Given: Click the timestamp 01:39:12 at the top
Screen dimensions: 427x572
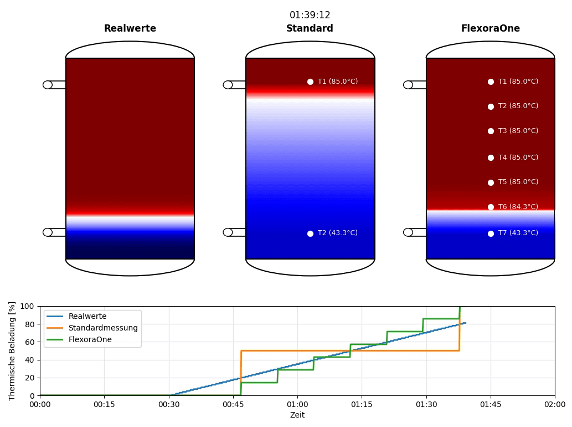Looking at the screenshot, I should [x=310, y=16].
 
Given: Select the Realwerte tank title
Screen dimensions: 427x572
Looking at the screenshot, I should [x=130, y=29].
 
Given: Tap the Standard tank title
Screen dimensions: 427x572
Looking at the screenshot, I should [x=310, y=29].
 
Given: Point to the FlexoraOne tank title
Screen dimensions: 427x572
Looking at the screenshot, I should [x=490, y=29].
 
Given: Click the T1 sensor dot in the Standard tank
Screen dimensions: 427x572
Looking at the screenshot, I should [x=310, y=82].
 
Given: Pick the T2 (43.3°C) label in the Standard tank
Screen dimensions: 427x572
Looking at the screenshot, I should [x=337, y=233].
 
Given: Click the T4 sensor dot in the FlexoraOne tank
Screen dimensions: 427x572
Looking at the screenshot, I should [x=491, y=157].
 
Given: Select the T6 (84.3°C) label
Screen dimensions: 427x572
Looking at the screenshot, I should [x=518, y=207].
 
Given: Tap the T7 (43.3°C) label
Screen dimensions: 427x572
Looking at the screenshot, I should [x=518, y=233].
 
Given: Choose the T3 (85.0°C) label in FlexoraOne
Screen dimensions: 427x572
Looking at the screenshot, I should [x=518, y=131].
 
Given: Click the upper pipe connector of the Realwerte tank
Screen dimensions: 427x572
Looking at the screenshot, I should [x=48, y=85].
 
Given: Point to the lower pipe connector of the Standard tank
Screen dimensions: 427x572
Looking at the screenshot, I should [x=228, y=232].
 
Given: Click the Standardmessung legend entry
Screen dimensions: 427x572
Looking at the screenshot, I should [x=103, y=328].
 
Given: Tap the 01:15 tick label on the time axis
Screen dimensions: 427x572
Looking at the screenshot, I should [x=362, y=405].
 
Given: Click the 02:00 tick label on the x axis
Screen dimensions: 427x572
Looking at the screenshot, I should [x=554, y=405].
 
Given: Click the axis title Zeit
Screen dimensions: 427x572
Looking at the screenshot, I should [x=297, y=415].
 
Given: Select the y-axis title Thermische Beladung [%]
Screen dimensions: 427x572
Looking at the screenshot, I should [x=12, y=351].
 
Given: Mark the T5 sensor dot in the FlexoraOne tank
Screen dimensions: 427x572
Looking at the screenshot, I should [x=491, y=182].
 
